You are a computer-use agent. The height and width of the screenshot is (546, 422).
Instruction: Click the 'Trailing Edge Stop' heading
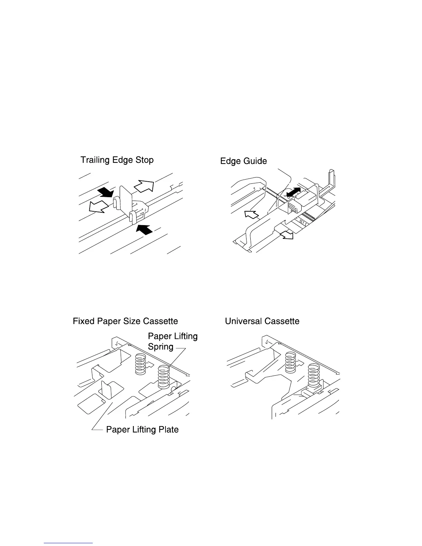[x=117, y=160]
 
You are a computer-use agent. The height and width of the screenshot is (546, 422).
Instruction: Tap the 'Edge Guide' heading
[x=243, y=161]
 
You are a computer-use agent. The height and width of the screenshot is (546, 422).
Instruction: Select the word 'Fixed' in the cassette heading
[x=83, y=321]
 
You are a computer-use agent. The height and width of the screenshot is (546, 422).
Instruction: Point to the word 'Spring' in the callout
[x=160, y=347]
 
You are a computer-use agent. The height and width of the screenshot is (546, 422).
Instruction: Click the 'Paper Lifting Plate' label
[x=142, y=429]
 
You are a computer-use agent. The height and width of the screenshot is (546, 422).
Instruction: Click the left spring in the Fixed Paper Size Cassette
[x=140, y=364]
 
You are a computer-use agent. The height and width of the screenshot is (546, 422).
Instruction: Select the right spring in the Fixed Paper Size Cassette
[x=164, y=377]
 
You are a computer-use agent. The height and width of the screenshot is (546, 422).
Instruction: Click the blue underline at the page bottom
[x=69, y=543]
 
